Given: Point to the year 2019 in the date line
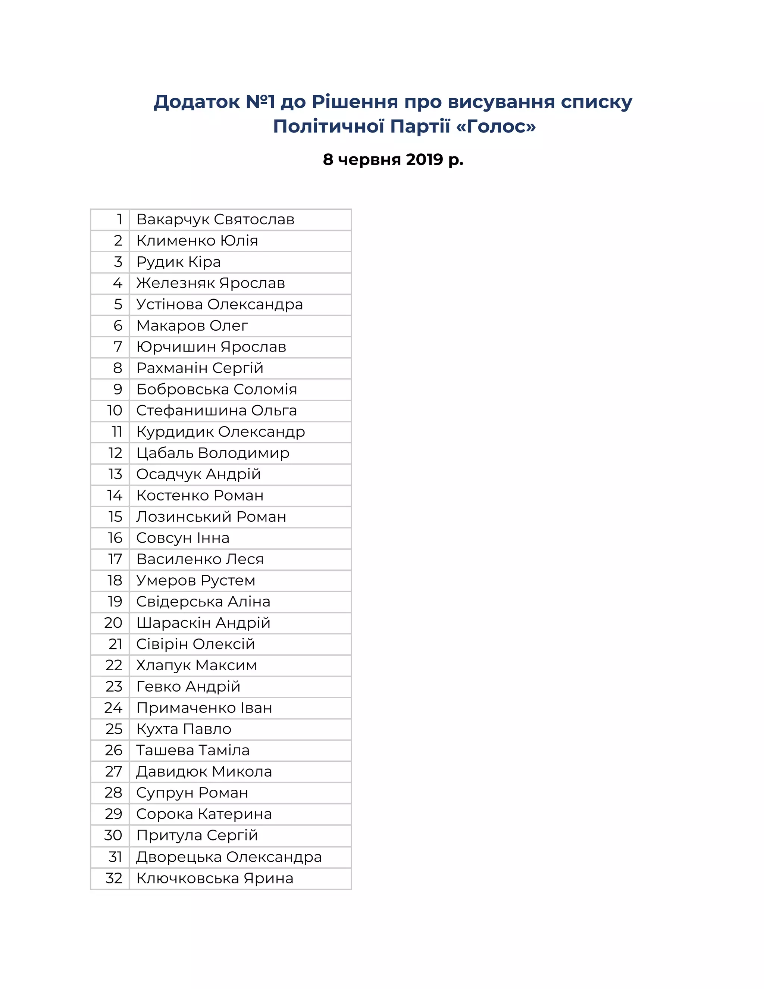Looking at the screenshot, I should click(x=424, y=159).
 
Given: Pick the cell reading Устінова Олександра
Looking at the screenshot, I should click(x=219, y=304).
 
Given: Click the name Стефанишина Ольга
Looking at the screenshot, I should click(x=216, y=411).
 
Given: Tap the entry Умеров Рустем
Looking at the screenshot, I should click(x=195, y=581).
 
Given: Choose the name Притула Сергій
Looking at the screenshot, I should click(x=197, y=836).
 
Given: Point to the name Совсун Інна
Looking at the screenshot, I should click(x=182, y=538).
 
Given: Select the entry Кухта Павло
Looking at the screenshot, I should click(x=184, y=729).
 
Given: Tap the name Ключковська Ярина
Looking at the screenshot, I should click(x=215, y=879).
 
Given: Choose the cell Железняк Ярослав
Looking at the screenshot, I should click(x=210, y=284).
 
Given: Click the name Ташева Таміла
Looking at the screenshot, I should click(x=193, y=751).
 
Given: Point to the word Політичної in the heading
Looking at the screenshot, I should click(x=329, y=127).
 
